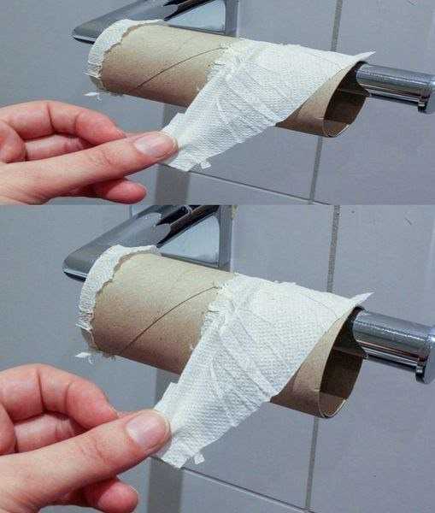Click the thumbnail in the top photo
(x=155, y=144)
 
